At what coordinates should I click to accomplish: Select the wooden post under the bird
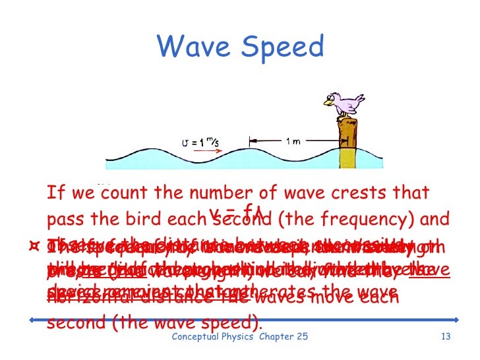point(347,138)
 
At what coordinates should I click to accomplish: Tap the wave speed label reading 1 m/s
point(197,140)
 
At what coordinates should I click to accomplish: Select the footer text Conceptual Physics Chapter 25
point(239,338)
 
